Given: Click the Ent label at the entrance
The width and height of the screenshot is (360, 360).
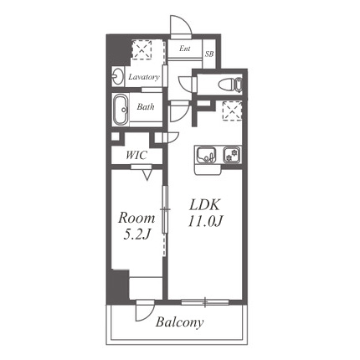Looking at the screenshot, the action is click(185, 49).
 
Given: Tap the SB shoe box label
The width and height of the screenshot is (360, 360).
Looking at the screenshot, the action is click(209, 54).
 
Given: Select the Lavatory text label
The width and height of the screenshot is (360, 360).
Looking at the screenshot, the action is click(144, 77).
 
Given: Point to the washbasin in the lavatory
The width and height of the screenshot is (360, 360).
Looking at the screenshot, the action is click(117, 76).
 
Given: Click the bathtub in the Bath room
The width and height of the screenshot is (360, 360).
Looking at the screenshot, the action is click(121, 111).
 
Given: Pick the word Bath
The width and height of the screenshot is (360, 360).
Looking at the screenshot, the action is click(146, 106).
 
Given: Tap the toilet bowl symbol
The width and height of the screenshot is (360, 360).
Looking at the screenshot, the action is click(230, 84).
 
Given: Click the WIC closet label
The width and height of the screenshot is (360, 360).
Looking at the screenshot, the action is click(136, 155).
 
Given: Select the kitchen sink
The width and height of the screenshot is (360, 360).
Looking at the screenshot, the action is click(207, 155).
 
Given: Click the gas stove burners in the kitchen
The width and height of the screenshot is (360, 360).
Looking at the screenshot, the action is click(232, 155).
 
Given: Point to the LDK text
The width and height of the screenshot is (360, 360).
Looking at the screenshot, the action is click(204, 205).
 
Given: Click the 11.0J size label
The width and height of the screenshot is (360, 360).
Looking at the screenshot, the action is click(204, 221).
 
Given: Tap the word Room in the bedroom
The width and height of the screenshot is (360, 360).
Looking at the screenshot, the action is click(136, 218).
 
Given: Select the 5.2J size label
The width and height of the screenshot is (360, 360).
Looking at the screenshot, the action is click(136, 234).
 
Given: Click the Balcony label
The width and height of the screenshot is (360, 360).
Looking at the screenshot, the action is click(179, 322).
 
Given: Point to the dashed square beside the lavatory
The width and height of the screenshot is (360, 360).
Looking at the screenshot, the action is click(142, 50).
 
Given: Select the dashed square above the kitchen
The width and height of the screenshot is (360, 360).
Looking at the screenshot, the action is click(232, 111).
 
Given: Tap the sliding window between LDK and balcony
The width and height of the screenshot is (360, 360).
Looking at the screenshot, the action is click(205, 301).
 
